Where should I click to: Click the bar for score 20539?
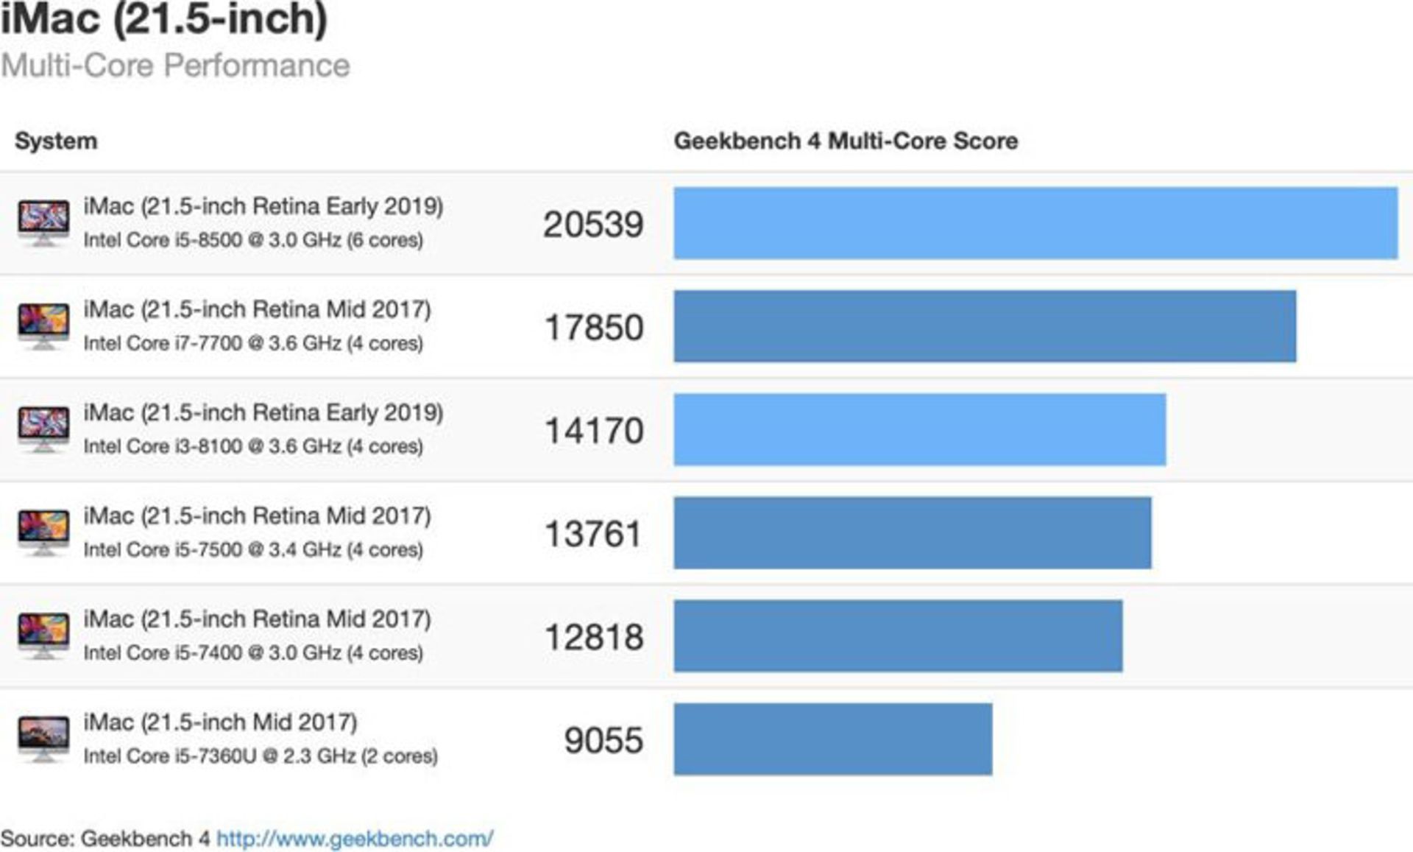point(1035,223)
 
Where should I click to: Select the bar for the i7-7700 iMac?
point(985,326)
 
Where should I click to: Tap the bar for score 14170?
point(919,429)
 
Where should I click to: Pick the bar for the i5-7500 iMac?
point(912,532)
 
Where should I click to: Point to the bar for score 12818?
point(898,636)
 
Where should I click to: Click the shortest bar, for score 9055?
point(832,739)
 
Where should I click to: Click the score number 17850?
point(593,328)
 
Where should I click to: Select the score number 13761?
point(593,534)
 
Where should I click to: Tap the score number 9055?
point(603,740)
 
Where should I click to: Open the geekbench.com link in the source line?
point(354,838)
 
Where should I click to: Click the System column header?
point(56,141)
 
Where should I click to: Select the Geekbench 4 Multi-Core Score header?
point(846,141)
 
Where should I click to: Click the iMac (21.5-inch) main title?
point(163,18)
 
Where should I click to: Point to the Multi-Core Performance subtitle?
point(175,66)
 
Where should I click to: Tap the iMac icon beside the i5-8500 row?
point(43,222)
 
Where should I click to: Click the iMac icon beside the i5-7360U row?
point(43,738)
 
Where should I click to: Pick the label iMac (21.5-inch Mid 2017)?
point(220,722)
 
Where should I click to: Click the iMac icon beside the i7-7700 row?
point(43,325)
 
